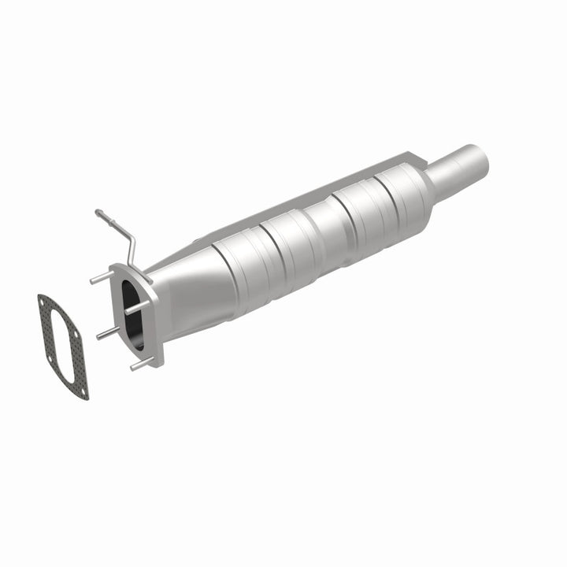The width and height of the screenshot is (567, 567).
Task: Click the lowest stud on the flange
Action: click(x=139, y=365)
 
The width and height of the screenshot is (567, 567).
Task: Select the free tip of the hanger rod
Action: click(x=98, y=212)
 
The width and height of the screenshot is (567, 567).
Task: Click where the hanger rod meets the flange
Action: click(x=131, y=264)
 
